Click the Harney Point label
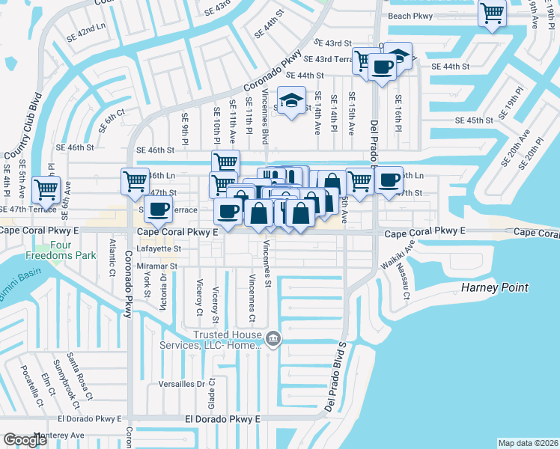[x=494, y=287]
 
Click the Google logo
[x=25, y=440]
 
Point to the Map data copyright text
[x=529, y=443]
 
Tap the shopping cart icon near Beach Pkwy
[x=493, y=13]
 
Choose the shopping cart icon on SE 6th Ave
[x=47, y=190]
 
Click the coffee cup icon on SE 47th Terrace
[x=156, y=210]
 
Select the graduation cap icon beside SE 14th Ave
[x=291, y=100]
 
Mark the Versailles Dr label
[x=180, y=384]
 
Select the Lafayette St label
[x=157, y=248]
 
